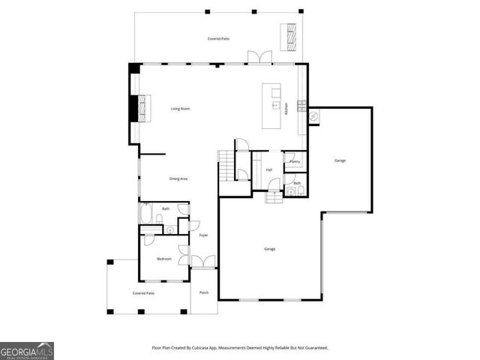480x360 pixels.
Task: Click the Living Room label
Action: [x=180, y=109]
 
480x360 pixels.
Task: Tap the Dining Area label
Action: [x=178, y=178]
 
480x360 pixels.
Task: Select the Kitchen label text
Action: [x=286, y=109]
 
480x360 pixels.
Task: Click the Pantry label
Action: [x=295, y=161]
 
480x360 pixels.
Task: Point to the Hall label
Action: [x=268, y=169]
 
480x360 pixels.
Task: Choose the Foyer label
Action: [x=202, y=235]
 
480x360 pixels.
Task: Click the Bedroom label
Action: [x=164, y=259]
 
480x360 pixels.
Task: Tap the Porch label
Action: [x=203, y=292]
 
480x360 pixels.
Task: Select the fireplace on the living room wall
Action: [x=140, y=106]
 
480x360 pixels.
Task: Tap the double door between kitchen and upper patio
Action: [x=259, y=58]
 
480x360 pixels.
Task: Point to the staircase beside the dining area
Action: [x=226, y=165]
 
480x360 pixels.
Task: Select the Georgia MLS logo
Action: [x=27, y=351]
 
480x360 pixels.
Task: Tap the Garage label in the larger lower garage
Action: [x=268, y=249]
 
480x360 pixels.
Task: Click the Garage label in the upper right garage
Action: [x=340, y=160]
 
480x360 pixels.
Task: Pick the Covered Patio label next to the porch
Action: [x=144, y=293]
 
